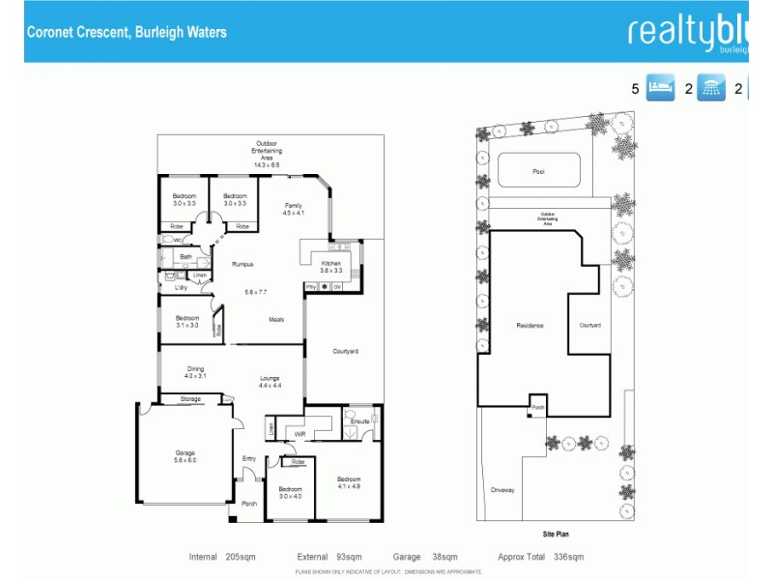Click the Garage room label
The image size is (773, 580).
(x=185, y=456)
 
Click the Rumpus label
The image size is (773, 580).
(x=243, y=264)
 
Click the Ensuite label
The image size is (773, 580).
(x=359, y=421)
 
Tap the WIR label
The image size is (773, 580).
(x=300, y=435)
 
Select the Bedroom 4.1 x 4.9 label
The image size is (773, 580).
(x=348, y=482)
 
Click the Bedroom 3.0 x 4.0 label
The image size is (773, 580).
(x=291, y=492)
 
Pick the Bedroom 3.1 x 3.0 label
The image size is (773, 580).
(x=187, y=321)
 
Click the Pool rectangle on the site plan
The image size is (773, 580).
(x=538, y=171)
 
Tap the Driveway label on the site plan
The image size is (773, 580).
(x=502, y=490)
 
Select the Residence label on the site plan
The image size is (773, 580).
(x=530, y=326)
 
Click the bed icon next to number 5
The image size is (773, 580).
(x=659, y=88)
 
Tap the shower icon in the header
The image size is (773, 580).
(x=711, y=88)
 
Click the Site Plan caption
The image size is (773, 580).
(x=557, y=533)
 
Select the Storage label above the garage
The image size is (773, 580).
(x=189, y=398)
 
